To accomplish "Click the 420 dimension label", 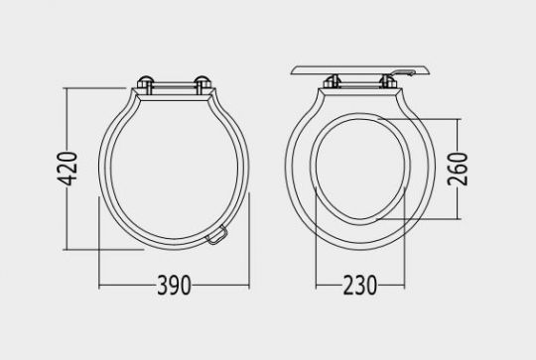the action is point(67,169).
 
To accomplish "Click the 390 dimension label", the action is point(174,286).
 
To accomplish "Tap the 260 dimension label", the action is point(458,169).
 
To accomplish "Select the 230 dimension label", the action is point(360,286).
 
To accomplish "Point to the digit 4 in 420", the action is point(67,180).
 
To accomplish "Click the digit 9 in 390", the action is point(174,286).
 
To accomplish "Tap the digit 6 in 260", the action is point(458,169).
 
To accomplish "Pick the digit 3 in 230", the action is point(360,286).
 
